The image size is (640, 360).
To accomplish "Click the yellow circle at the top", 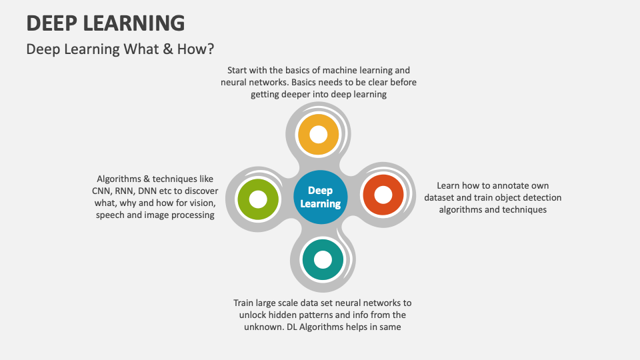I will coord(319,135).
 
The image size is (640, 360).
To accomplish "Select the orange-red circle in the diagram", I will coord(383,195).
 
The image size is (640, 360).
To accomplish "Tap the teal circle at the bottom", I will coord(322,259).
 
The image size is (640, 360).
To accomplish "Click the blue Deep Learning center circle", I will coord(321,197).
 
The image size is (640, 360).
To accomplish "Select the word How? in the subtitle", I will coord(197,49).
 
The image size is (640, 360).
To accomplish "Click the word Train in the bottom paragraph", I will coord(245,303).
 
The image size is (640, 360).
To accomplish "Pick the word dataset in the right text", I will coord(441,197).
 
